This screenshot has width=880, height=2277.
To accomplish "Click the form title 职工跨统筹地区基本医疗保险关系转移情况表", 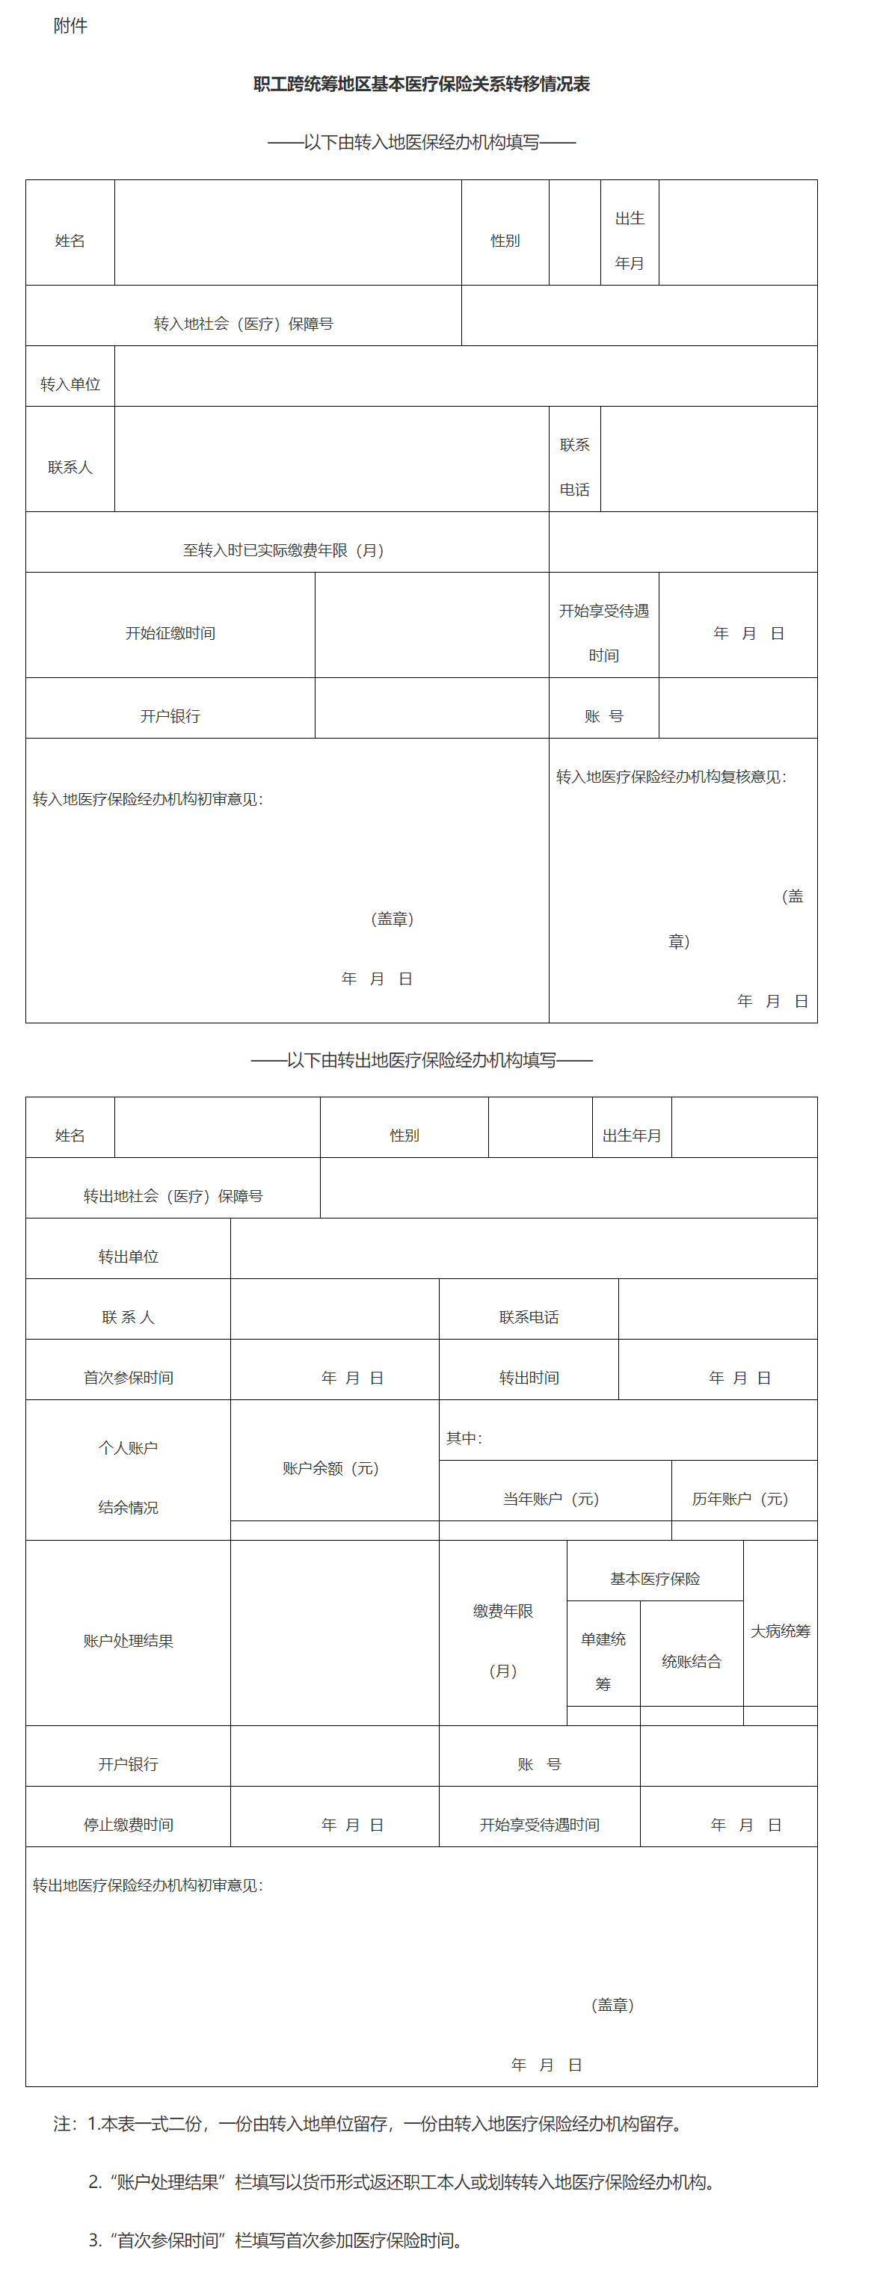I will tap(421, 84).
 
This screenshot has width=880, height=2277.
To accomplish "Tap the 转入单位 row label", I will tap(70, 383).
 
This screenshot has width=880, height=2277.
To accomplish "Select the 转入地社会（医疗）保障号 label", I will tap(243, 324).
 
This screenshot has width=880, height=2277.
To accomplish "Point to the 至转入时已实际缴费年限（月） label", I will tap(283, 549).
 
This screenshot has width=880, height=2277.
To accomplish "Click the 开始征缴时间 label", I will tap(170, 633).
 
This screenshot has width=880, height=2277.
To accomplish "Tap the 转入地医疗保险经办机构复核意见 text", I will tap(671, 776).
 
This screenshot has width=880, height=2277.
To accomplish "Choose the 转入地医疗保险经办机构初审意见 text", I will tap(148, 799).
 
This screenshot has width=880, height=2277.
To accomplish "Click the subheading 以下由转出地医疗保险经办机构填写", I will tap(421, 1060).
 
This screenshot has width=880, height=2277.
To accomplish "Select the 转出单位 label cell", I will tap(129, 1256).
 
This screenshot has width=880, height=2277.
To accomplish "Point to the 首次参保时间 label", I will tap(129, 1377).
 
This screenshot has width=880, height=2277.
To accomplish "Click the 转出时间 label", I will tap(529, 1377).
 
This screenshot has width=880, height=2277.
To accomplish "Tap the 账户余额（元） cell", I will tap(330, 1468).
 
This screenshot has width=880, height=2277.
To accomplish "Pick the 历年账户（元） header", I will tap(739, 1498).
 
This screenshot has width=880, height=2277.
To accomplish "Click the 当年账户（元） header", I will tap(551, 1498).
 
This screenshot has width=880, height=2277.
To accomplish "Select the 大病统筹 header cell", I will tap(780, 1631).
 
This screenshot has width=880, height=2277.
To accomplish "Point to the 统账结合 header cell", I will tap(691, 1661).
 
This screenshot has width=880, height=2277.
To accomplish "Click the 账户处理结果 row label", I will tap(129, 1641).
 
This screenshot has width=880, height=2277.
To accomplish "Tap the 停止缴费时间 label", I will tap(129, 1825).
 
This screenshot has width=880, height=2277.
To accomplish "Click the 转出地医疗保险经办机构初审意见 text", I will tap(148, 1885).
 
